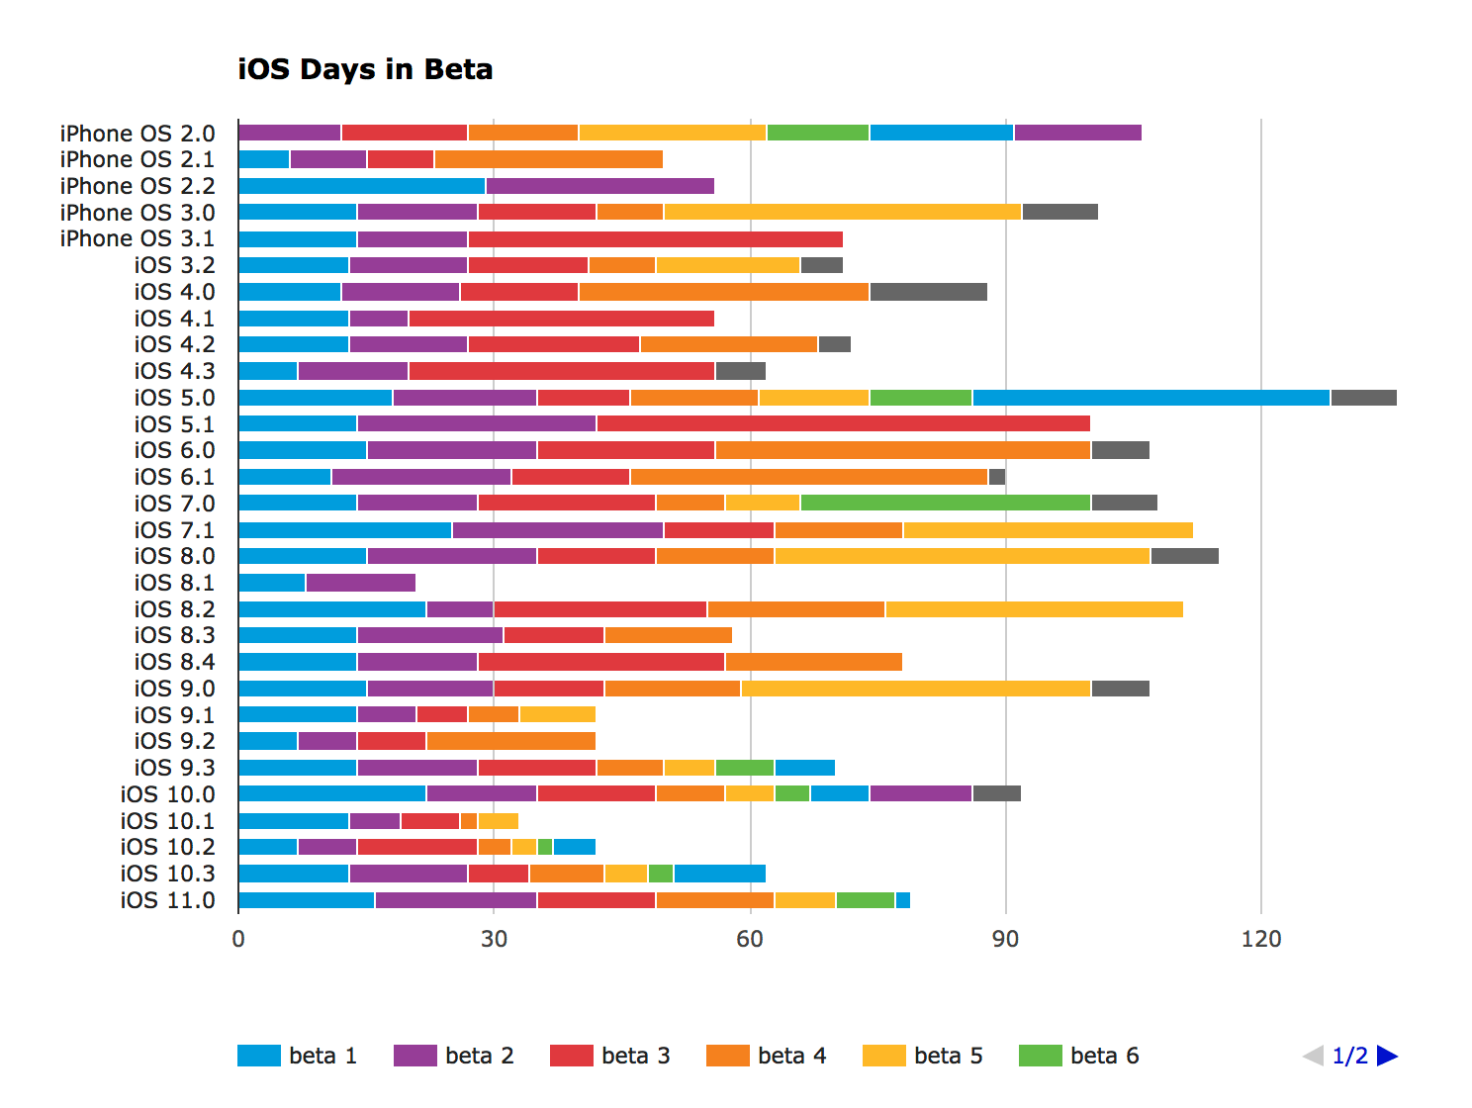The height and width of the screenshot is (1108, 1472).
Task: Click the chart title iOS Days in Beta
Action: point(365,69)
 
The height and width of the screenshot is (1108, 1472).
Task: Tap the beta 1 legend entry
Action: point(297,1056)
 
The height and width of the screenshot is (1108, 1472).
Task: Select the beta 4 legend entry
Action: point(766,1056)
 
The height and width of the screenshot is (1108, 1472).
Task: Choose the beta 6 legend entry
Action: point(1078,1056)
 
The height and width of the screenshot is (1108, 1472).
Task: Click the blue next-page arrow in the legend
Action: point(1387,1056)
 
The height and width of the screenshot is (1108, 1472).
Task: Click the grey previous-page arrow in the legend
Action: point(1314,1056)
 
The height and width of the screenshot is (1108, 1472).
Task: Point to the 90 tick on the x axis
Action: point(1005,939)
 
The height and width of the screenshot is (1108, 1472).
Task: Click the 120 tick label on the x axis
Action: point(1260,939)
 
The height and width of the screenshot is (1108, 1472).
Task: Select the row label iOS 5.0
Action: point(174,398)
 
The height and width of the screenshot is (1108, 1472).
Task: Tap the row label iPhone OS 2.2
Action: point(137,186)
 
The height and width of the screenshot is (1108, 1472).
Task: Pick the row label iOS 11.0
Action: point(167,900)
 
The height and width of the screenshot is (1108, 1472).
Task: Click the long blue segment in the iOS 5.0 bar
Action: point(1150,398)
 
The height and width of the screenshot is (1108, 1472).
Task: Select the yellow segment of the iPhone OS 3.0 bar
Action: point(842,212)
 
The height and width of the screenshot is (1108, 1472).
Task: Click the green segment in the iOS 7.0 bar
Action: point(945,503)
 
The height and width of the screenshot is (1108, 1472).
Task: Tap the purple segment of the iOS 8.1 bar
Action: point(360,583)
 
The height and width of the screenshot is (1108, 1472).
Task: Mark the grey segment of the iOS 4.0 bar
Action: point(928,292)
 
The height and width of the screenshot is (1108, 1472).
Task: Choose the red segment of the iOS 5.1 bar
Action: point(843,423)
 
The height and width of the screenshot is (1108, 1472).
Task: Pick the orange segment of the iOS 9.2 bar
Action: point(510,741)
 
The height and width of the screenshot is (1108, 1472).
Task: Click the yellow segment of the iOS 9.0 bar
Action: point(915,689)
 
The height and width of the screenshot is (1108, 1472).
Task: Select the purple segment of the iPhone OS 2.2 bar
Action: point(599,186)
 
